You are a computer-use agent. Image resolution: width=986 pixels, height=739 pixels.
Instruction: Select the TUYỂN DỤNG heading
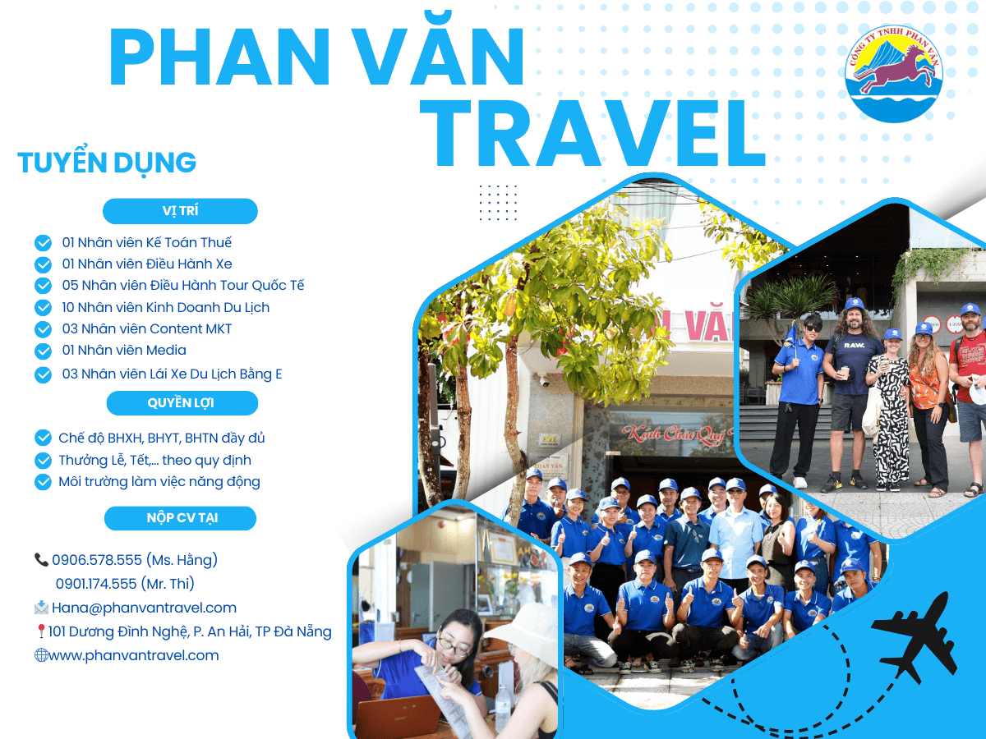point(107,163)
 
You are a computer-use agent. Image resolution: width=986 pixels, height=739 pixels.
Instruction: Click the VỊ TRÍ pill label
point(180,211)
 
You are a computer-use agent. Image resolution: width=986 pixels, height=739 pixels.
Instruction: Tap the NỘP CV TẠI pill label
point(180,518)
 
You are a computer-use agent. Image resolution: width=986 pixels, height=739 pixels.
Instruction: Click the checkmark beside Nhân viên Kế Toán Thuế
point(43,243)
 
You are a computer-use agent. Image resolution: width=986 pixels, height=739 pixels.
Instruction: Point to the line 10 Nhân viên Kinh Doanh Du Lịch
point(165,307)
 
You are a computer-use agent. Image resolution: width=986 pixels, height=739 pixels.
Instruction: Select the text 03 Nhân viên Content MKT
point(147,328)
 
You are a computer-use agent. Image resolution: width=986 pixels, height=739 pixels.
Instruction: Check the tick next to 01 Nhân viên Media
point(43,351)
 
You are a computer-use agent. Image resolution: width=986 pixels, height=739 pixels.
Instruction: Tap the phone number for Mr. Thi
point(96,584)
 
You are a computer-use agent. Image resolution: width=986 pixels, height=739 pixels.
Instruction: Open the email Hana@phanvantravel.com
point(144,608)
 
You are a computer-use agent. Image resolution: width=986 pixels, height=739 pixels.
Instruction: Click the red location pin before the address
point(41,631)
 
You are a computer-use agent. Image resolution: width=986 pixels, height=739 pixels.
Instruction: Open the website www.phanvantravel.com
point(134,655)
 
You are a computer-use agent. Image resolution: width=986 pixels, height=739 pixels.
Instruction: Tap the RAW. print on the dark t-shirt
point(853,346)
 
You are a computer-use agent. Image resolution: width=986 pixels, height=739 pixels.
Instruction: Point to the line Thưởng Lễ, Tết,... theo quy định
point(154,460)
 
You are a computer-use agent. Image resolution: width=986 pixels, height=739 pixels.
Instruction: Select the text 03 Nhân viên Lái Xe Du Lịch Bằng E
point(172,374)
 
